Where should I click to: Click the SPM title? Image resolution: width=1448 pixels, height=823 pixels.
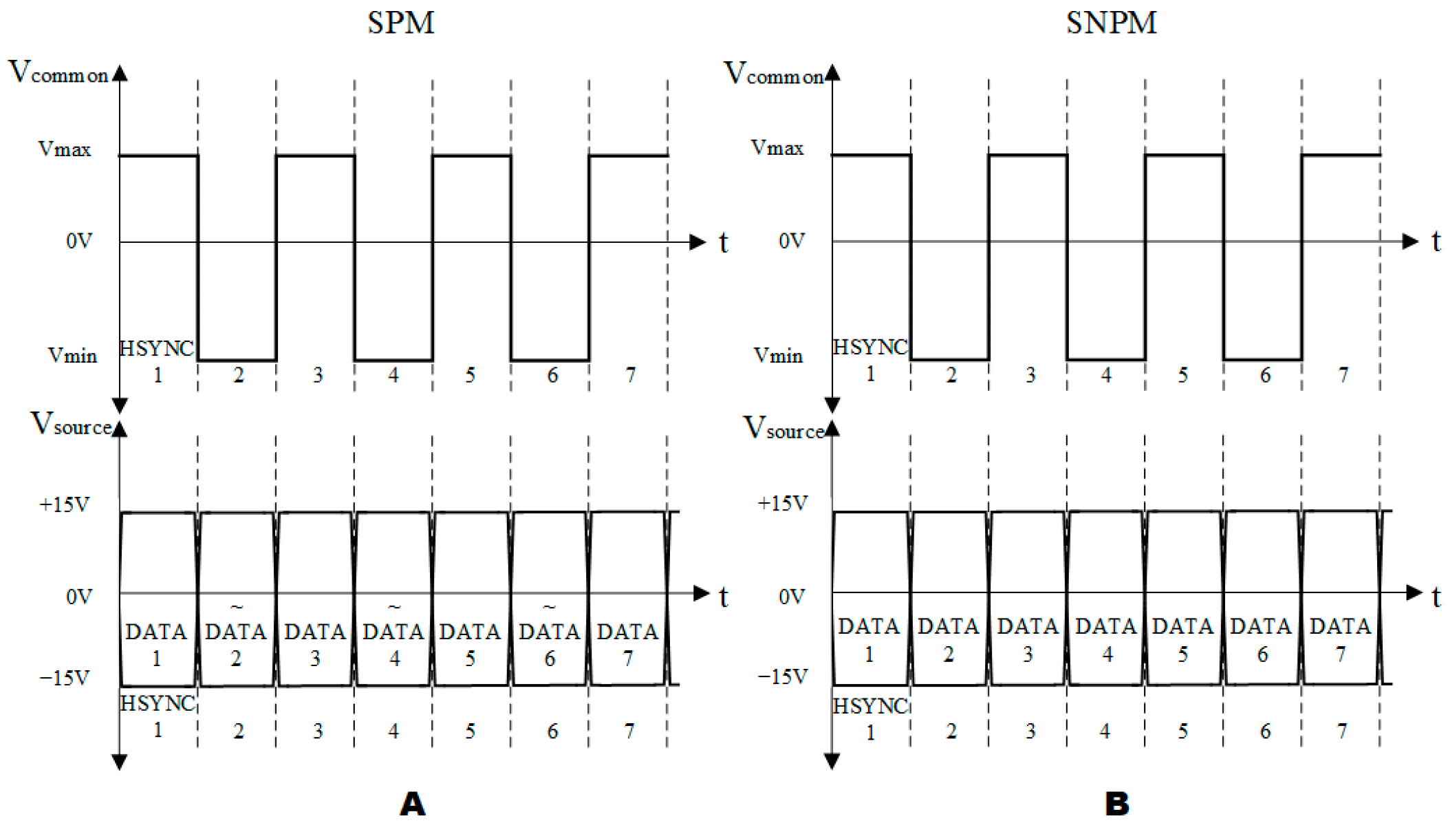(x=400, y=23)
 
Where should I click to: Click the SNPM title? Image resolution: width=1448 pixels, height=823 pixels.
(x=1111, y=23)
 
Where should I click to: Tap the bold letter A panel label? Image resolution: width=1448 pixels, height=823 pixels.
(x=412, y=804)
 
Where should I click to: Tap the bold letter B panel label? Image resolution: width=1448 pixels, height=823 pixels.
(x=1116, y=804)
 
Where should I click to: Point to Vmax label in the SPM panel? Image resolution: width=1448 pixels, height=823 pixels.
(x=65, y=149)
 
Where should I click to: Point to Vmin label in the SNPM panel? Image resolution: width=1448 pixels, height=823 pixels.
(x=778, y=355)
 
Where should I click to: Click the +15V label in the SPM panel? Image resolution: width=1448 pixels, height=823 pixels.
(x=65, y=504)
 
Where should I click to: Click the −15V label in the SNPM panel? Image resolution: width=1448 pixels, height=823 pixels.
(x=782, y=676)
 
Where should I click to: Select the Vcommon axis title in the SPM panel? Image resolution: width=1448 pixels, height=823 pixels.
(x=58, y=73)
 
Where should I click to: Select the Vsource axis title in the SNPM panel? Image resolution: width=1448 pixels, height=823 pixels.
(x=784, y=428)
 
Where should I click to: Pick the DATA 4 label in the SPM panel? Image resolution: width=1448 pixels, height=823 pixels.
(x=393, y=644)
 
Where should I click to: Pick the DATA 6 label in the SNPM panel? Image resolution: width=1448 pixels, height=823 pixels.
(x=1261, y=640)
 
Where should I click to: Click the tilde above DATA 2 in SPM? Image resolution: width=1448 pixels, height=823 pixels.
(x=236, y=607)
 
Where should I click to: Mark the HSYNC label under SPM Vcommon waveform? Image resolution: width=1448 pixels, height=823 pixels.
(x=156, y=349)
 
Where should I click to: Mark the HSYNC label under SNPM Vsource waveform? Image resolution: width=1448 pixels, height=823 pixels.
(x=870, y=707)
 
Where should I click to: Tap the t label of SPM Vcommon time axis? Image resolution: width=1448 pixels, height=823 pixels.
(x=723, y=243)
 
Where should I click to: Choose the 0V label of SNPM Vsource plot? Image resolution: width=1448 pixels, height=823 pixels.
(x=791, y=596)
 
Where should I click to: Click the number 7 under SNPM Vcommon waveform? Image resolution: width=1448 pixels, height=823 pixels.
(x=1343, y=375)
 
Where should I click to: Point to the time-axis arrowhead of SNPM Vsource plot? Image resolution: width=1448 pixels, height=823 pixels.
(x=1414, y=592)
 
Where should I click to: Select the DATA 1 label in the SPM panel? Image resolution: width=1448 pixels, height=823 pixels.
(x=156, y=644)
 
